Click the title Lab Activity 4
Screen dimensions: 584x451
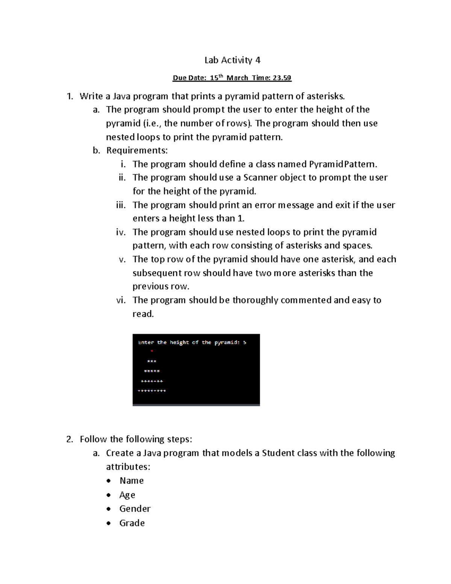coord(232,60)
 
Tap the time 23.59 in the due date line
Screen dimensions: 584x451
coord(282,78)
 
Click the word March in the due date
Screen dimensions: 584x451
coord(237,78)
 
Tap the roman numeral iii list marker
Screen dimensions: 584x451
coord(121,205)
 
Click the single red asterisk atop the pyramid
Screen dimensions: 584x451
coord(152,352)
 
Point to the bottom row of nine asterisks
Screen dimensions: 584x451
coord(152,391)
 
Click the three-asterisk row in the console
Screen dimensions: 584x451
coord(152,361)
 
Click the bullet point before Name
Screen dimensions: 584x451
coord(109,481)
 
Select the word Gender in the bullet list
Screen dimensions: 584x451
coord(135,509)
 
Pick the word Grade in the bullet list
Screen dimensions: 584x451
coord(132,523)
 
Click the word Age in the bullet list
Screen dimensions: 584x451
coord(127,495)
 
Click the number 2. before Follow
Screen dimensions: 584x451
coord(70,439)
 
